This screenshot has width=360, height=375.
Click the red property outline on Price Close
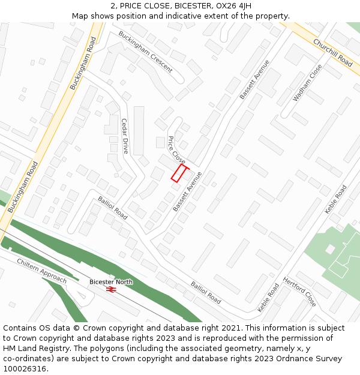pyautogui.click(x=179, y=173)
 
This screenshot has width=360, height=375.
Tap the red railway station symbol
pyautogui.click(x=111, y=289)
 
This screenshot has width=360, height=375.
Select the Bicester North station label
pyautogui.click(x=111, y=281)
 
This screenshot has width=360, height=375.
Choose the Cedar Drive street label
pyautogui.click(x=125, y=136)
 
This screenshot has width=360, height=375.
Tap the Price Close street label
pyautogui.click(x=176, y=149)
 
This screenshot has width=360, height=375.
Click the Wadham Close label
pyautogui.click(x=307, y=82)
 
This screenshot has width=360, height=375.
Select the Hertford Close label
pyautogui.click(x=299, y=292)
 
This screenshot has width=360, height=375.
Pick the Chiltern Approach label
pyautogui.click(x=41, y=271)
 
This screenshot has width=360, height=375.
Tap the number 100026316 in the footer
pyautogui.click(x=25, y=368)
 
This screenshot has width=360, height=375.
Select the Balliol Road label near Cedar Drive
pyautogui.click(x=113, y=207)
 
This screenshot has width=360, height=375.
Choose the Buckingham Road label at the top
pyautogui.click(x=83, y=64)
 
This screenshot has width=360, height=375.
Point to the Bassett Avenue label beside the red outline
pyautogui.click(x=187, y=191)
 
